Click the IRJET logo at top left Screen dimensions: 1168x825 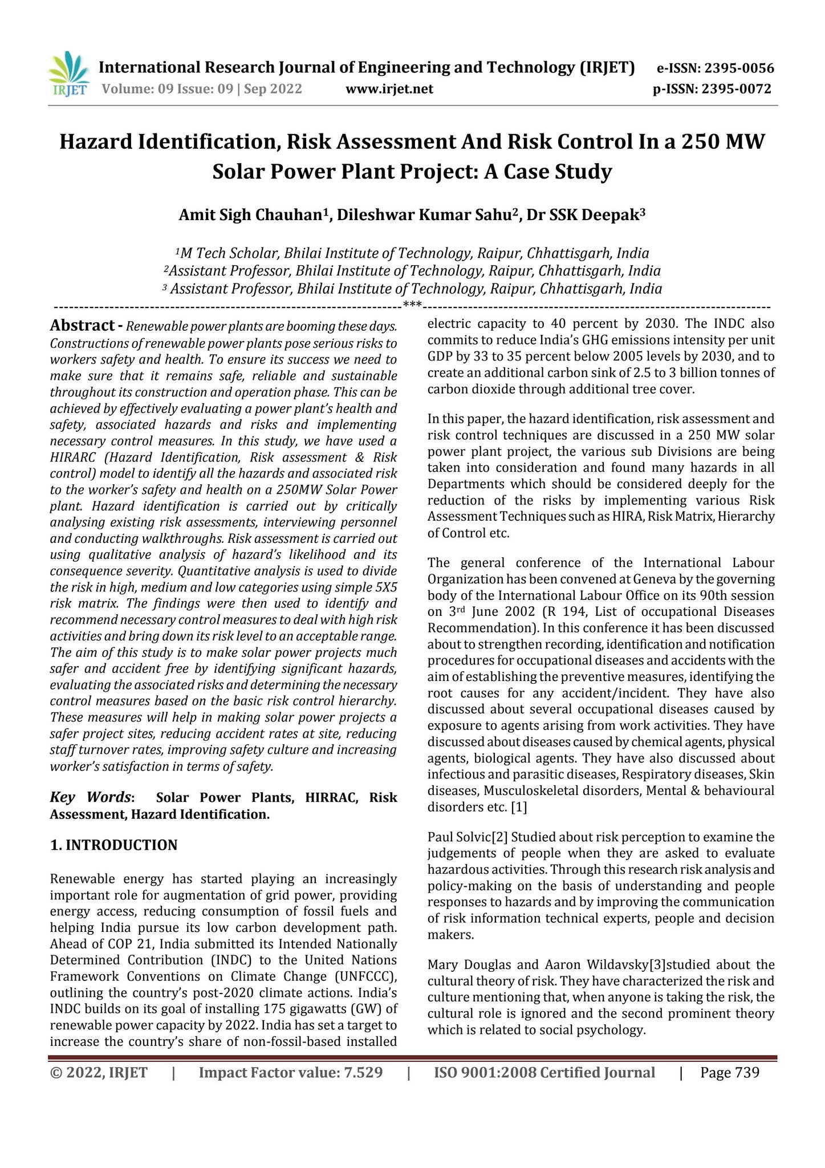pos(69,75)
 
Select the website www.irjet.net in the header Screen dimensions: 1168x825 pos(389,89)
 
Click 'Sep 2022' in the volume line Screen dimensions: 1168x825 pos(273,89)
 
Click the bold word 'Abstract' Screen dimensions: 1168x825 pos(82,326)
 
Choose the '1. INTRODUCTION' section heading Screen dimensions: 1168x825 pos(114,845)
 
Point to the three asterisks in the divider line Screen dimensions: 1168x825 pos(412,305)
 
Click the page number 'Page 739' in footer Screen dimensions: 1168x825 pos(730,1073)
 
